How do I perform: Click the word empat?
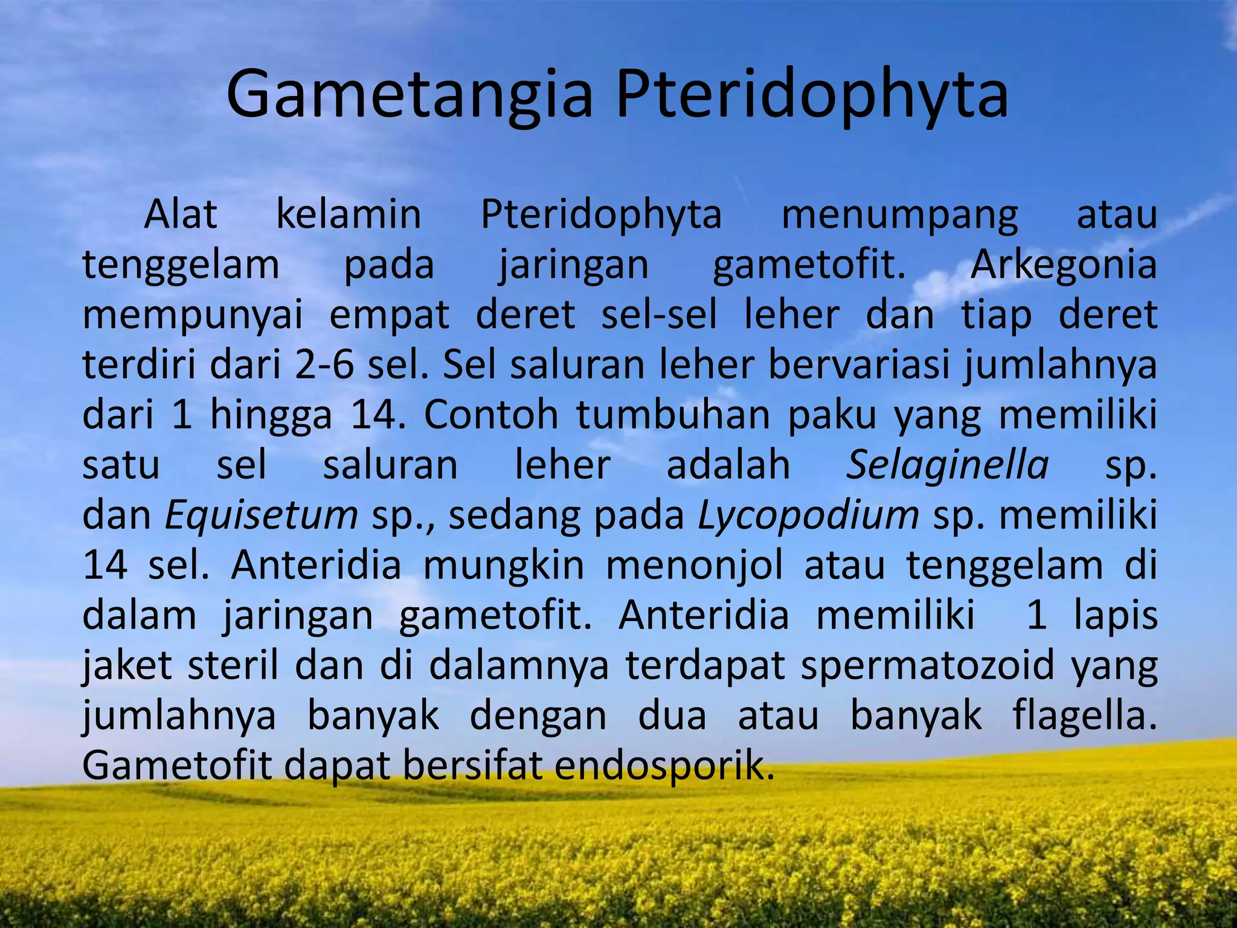pyautogui.click(x=389, y=315)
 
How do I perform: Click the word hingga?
pyautogui.click(x=271, y=416)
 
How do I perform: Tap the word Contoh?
pyautogui.click(x=490, y=416)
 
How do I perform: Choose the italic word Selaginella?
pyautogui.click(x=947, y=465)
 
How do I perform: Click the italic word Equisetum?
pyautogui.click(x=262, y=515)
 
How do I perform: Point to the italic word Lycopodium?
pyautogui.click(x=808, y=515)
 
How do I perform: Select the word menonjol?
pyautogui.click(x=694, y=565)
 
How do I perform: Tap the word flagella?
pyautogui.click(x=1084, y=715)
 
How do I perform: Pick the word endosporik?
pyautogui.click(x=664, y=765)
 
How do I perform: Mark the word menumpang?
pyautogui.click(x=899, y=215)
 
